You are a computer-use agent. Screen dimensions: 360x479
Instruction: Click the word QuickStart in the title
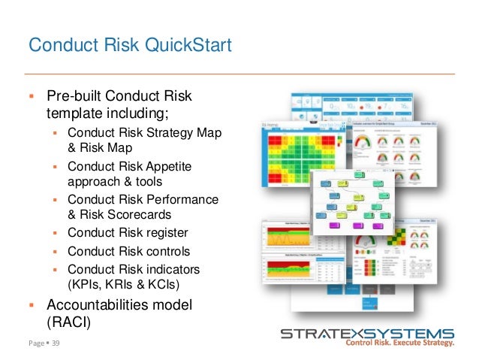click(185, 47)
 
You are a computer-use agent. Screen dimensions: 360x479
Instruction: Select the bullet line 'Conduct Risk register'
click(128, 232)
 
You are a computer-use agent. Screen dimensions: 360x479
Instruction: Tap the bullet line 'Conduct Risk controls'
click(128, 251)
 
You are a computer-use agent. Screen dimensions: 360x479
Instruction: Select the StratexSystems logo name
click(367, 334)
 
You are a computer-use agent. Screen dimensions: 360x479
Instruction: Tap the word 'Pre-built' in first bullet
click(74, 96)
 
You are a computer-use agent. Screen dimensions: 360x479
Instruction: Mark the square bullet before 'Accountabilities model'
click(32, 305)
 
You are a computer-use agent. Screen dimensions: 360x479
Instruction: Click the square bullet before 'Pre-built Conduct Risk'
click(32, 97)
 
